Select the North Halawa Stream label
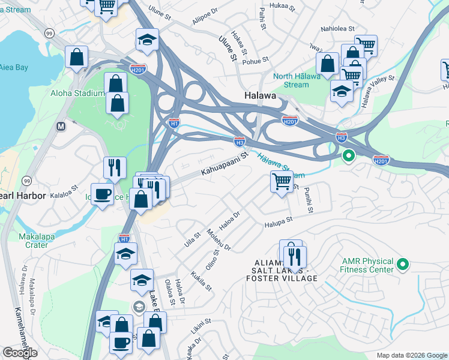300,80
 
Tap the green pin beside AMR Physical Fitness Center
403,263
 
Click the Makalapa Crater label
41,241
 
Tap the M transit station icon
60,127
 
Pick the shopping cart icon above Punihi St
282,181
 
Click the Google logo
20,353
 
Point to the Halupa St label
279,221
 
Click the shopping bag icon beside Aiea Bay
77,57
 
